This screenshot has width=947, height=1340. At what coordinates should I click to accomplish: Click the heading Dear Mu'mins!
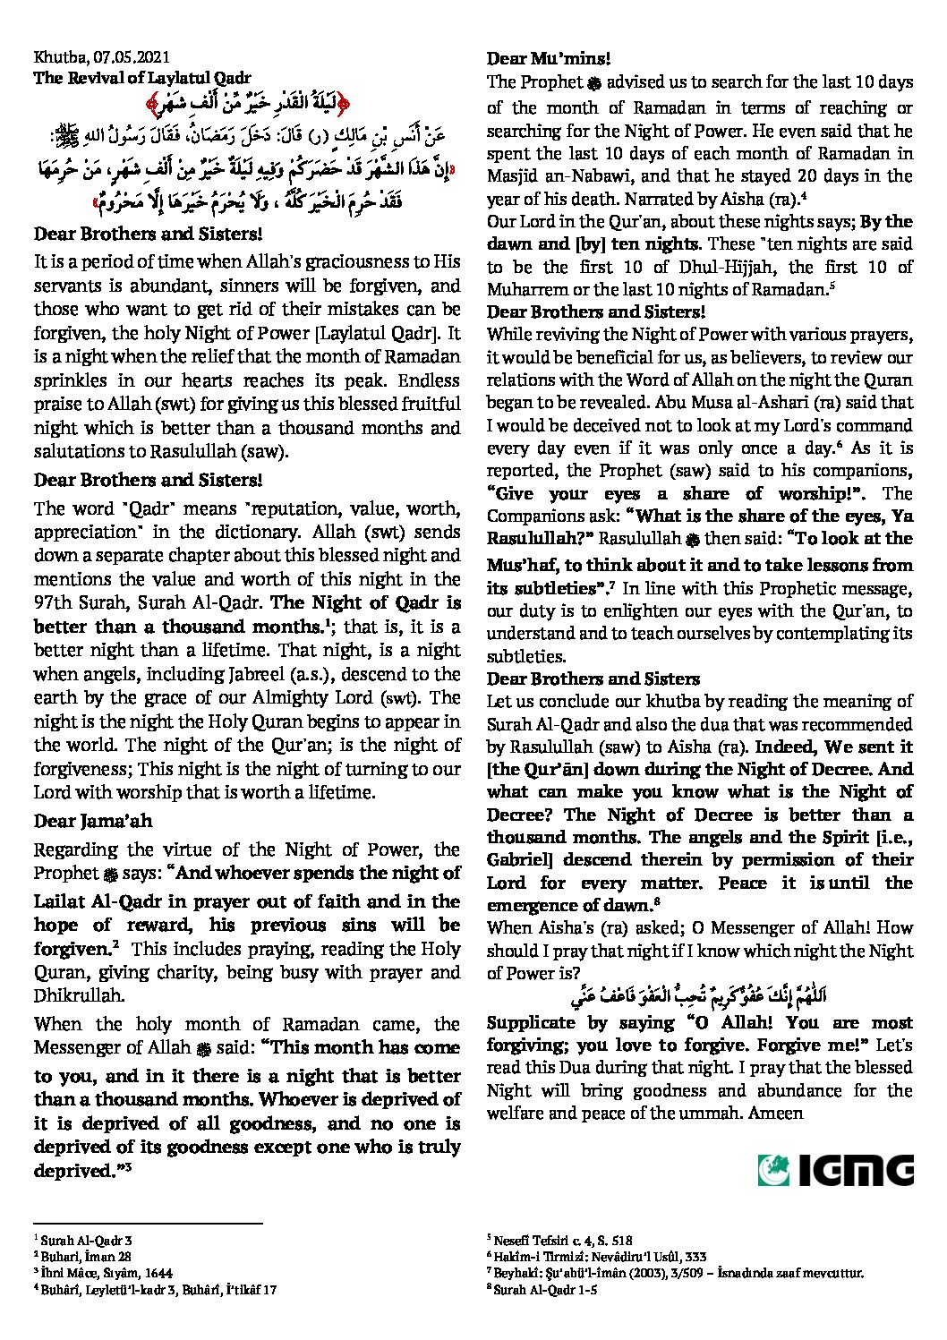pyautogui.click(x=549, y=59)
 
